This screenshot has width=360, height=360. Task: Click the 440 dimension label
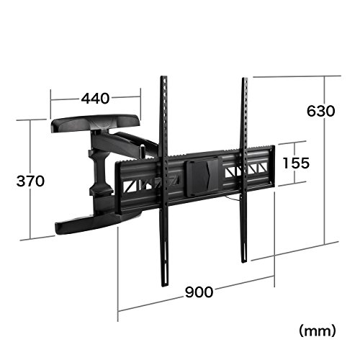(95, 99)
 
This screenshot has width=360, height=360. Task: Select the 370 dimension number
(30, 181)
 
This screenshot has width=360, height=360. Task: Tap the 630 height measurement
(320, 111)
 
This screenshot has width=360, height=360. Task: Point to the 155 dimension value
(296, 163)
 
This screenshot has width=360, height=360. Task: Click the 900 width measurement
(199, 292)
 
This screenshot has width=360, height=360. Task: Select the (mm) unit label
(318, 331)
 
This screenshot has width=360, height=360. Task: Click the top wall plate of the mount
(95, 123)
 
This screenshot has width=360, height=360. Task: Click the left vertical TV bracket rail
(164, 181)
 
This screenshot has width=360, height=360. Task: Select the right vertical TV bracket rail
(244, 170)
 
